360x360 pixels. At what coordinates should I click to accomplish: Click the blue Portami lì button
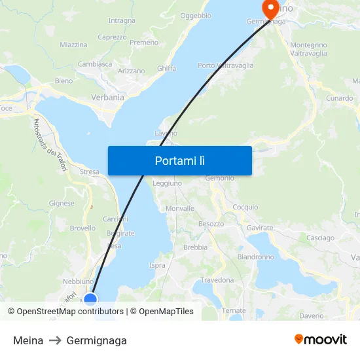click(x=179, y=160)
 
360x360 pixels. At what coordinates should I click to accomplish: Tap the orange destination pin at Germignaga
click(x=270, y=9)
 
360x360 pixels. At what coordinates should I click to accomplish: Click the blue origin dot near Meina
click(x=90, y=300)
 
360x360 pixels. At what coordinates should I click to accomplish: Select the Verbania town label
click(x=107, y=98)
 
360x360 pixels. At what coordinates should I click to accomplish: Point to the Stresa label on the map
click(x=90, y=172)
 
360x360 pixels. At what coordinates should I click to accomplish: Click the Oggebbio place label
click(x=196, y=15)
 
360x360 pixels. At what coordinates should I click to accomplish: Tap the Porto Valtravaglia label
click(x=226, y=65)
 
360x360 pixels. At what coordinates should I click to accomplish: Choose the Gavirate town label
click(x=260, y=227)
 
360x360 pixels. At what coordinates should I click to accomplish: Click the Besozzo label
click(x=211, y=224)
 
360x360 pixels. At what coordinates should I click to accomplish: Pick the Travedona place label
click(x=217, y=280)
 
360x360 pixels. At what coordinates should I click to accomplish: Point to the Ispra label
click(x=157, y=265)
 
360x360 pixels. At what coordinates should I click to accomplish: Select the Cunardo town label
click(x=339, y=98)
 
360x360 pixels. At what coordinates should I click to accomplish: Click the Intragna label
click(x=122, y=20)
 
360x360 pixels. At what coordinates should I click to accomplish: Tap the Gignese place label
click(x=62, y=203)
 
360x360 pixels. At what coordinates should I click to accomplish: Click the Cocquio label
click(x=245, y=207)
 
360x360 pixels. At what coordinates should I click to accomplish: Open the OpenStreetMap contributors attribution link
click(x=70, y=312)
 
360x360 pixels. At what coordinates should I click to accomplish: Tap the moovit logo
click(x=321, y=340)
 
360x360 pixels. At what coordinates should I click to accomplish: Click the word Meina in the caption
click(x=28, y=340)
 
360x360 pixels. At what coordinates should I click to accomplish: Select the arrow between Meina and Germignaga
click(x=55, y=340)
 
